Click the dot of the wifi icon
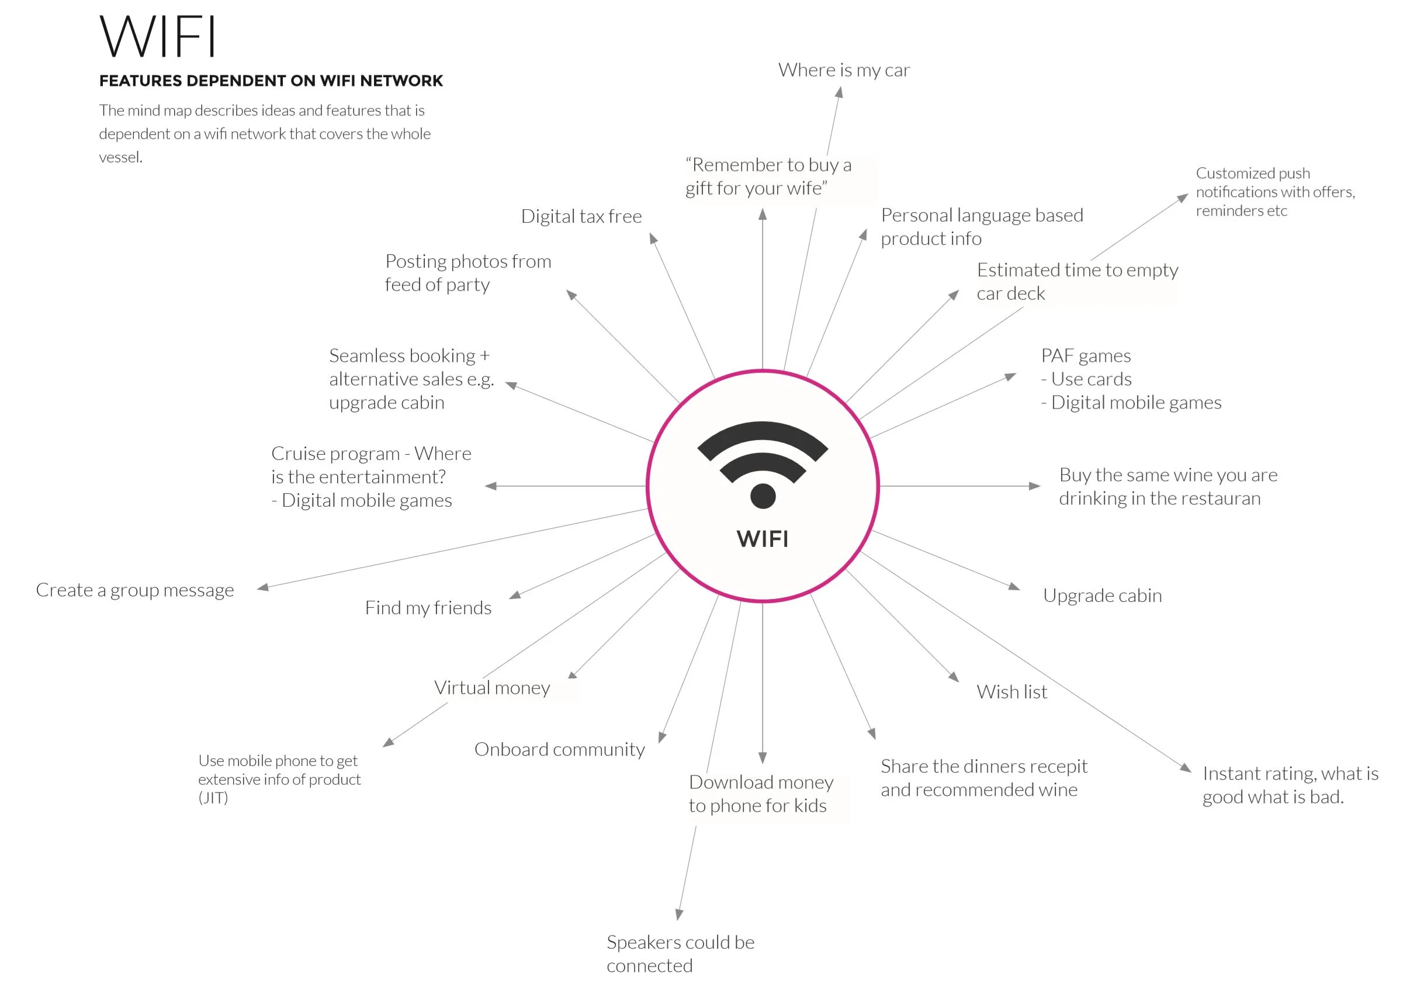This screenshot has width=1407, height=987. pos(763,496)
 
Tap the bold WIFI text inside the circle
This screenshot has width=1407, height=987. pos(763,539)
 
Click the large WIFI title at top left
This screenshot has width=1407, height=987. pos(158,37)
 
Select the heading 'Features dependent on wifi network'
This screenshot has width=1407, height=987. pos(271,81)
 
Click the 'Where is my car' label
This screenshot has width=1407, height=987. pos(844,71)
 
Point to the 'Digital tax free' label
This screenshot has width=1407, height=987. pos(581,216)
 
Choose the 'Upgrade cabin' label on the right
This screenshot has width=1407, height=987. pos(1102,595)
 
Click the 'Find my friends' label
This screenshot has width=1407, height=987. pos(428,608)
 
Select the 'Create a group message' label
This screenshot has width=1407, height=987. pos(135,590)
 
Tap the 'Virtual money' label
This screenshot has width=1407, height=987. pos(491,688)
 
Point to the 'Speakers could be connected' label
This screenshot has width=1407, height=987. pos(680,953)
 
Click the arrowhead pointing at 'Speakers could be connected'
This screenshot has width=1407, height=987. pos(679,915)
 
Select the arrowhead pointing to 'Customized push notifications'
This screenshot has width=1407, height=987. pos(1183,198)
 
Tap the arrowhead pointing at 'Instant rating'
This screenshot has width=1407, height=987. pos(1186,767)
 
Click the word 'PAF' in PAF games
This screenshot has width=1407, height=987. pos(1057,355)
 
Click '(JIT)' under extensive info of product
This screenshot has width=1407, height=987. pos(213,798)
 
